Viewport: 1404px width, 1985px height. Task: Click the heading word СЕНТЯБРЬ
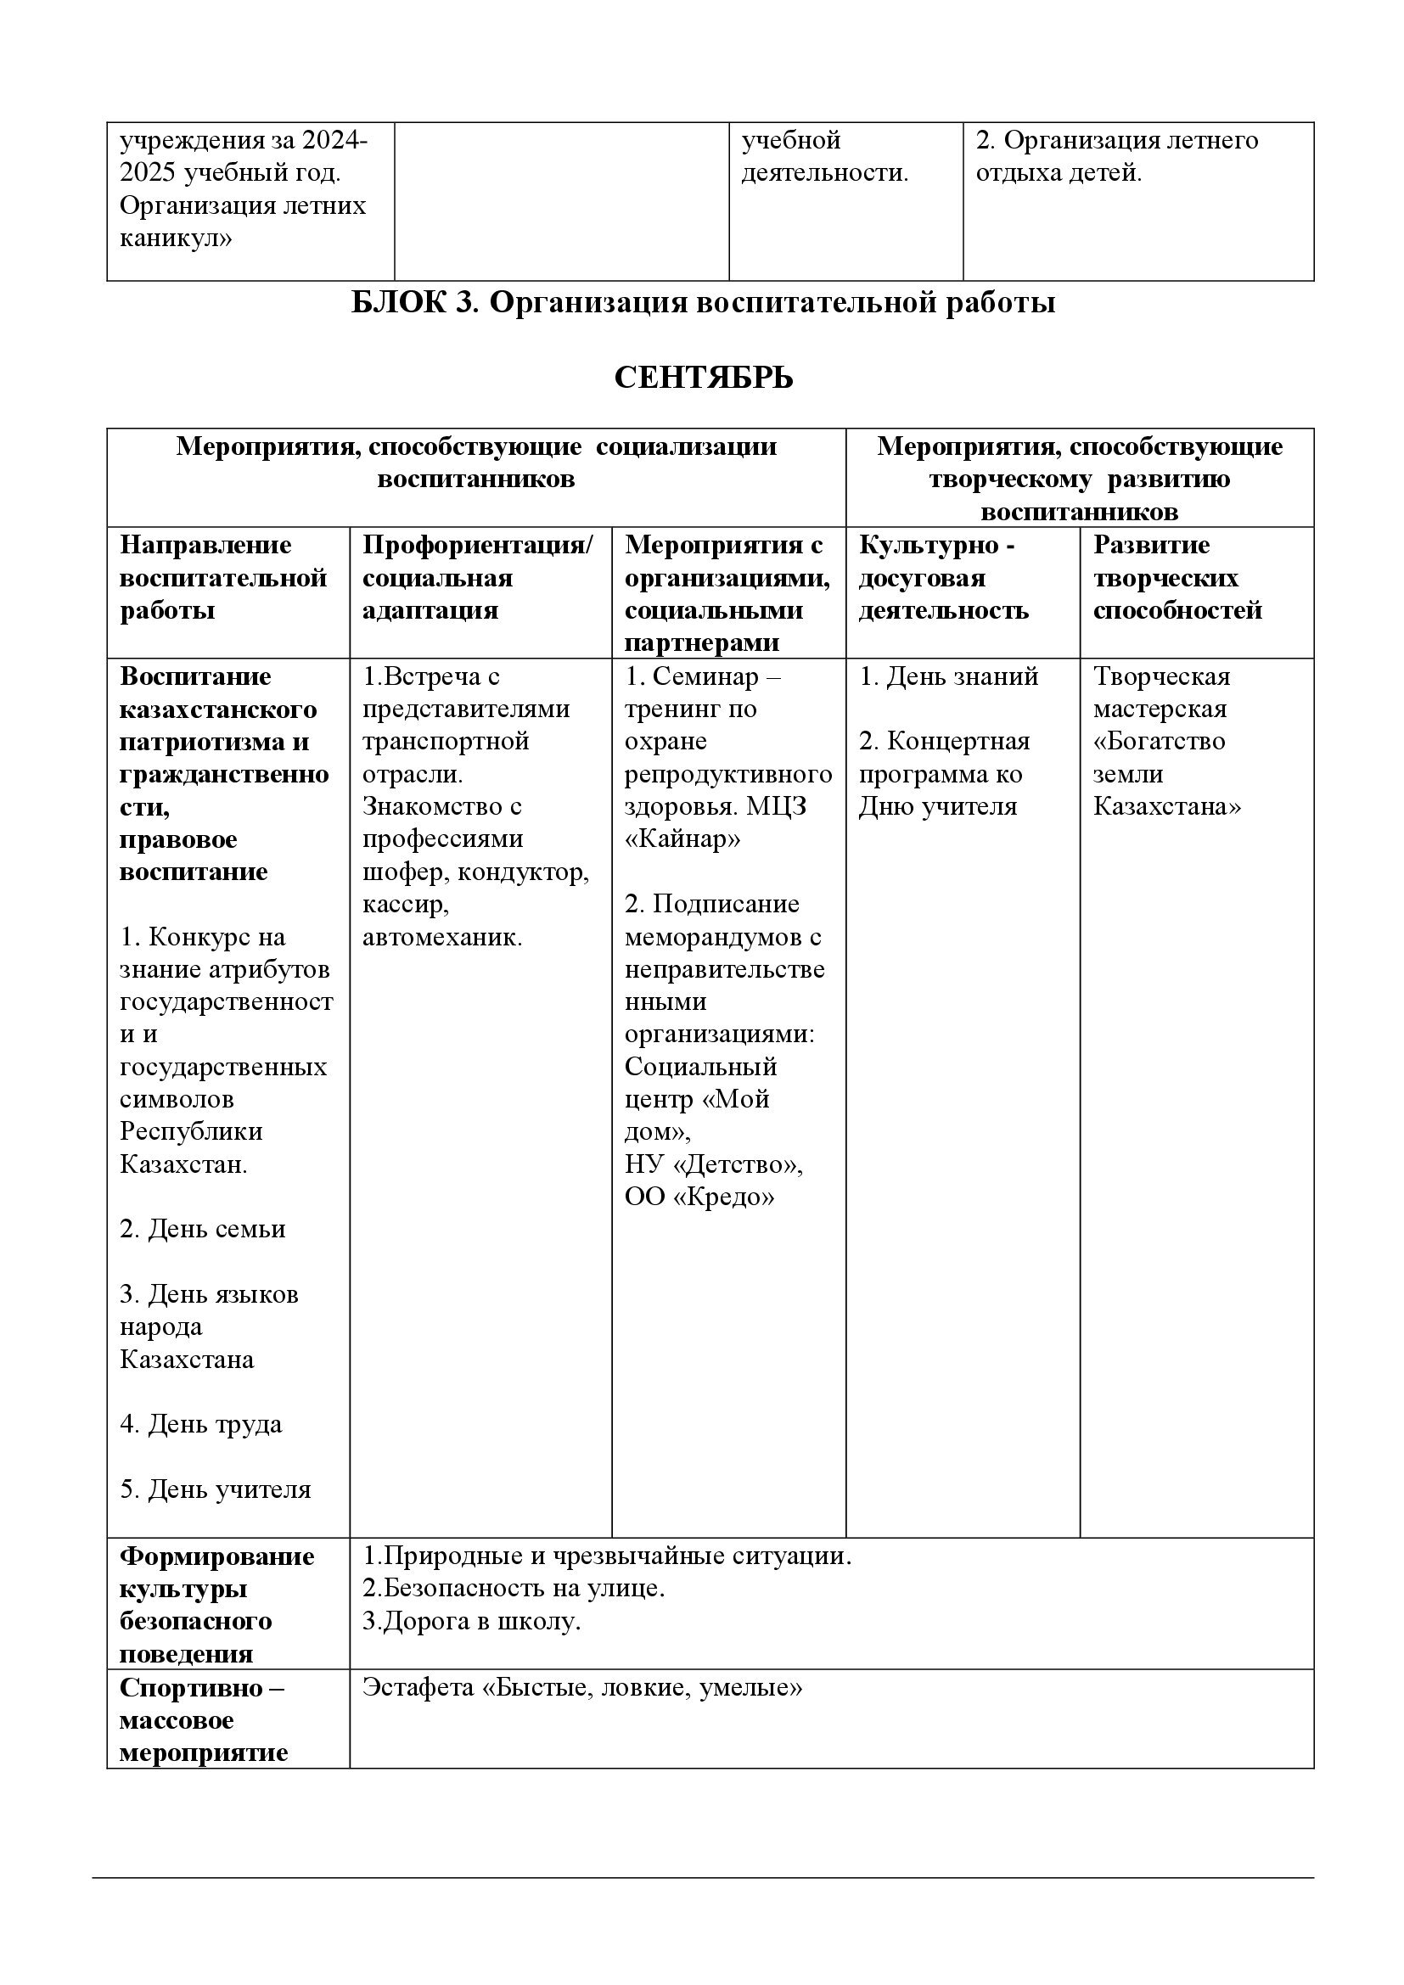pos(703,378)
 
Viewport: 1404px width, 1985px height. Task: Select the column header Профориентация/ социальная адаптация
pos(477,578)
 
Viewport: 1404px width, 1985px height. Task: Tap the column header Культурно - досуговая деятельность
pos(943,578)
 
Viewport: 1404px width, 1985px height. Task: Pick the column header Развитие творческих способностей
pos(1177,578)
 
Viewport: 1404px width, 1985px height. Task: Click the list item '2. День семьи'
pos(202,1229)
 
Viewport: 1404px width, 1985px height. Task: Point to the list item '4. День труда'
pos(200,1424)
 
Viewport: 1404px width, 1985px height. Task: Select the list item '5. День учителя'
pos(216,1489)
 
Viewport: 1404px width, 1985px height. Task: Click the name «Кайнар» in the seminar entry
pos(682,838)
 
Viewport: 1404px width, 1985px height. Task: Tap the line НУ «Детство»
pos(713,1164)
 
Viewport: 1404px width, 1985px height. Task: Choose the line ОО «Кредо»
pos(699,1197)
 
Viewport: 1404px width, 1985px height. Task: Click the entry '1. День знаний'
pos(948,676)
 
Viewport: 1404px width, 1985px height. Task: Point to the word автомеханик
pos(441,937)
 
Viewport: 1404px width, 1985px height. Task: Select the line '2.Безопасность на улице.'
pos(514,1587)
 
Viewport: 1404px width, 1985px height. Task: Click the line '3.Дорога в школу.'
pos(471,1620)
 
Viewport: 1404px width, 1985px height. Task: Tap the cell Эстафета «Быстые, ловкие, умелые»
pos(581,1687)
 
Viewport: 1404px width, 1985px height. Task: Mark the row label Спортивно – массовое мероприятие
pos(203,1719)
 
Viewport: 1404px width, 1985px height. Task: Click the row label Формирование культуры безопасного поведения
pos(216,1605)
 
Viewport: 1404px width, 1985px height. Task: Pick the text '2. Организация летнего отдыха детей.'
pos(1116,156)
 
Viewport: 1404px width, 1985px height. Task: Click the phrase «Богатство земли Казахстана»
pos(1166,774)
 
